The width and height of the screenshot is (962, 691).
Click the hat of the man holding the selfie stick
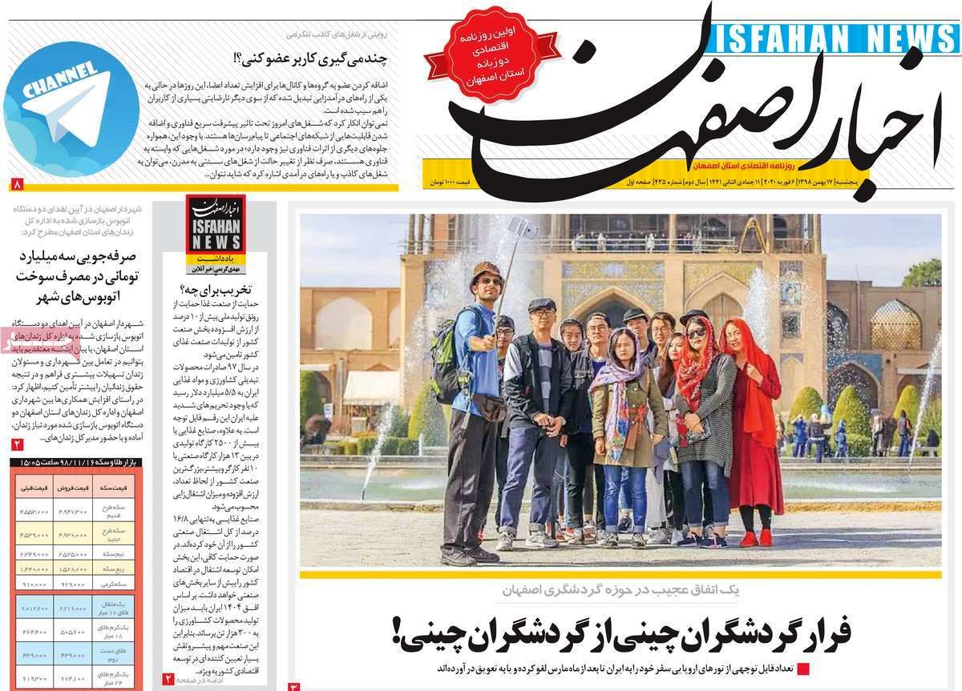tap(486, 269)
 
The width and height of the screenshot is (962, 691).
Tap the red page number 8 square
tap(18, 184)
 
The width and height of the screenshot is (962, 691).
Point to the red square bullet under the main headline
tap(803, 669)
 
